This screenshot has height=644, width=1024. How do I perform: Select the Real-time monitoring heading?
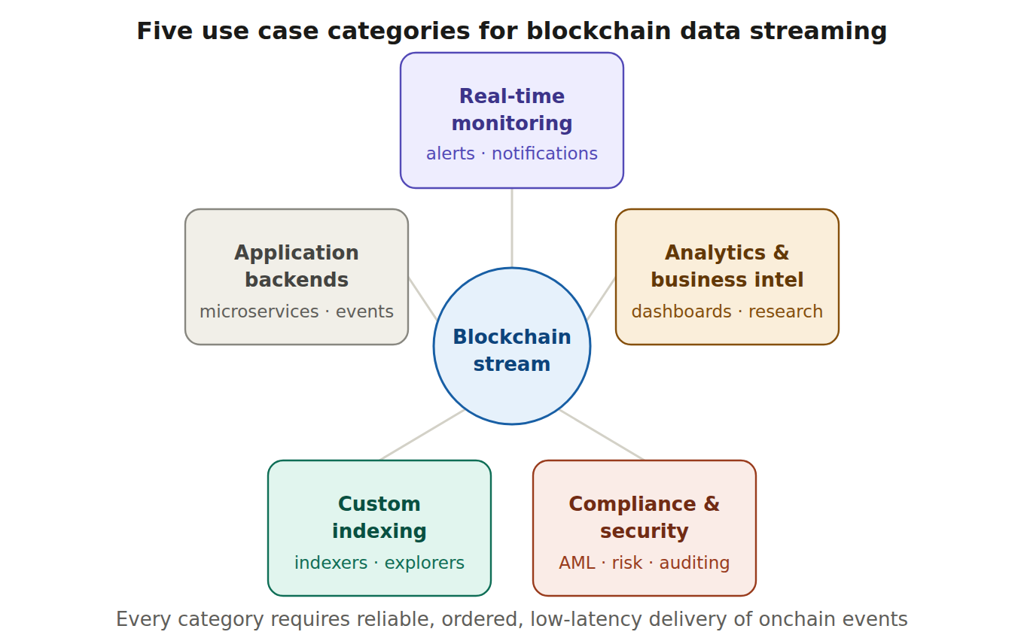click(512, 110)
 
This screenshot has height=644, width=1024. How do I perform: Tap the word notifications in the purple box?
click(544, 154)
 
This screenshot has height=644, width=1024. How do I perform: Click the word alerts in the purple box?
click(450, 154)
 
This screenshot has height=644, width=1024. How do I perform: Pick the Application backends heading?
click(297, 266)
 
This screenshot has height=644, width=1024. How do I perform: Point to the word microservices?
click(259, 312)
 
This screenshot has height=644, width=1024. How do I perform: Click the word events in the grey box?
click(364, 312)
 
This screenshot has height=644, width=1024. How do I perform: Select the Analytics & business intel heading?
click(727, 266)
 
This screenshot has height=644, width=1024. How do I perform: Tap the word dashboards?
click(681, 312)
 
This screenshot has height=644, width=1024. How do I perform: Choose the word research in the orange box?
click(785, 312)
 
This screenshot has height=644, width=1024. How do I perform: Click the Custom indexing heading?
click(379, 518)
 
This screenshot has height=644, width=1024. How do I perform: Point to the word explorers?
click(425, 563)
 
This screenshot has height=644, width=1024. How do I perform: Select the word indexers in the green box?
click(331, 563)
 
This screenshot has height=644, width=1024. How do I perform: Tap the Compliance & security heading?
click(645, 518)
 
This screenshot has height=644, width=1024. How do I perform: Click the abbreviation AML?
click(577, 563)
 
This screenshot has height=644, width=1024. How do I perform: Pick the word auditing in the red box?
click(694, 563)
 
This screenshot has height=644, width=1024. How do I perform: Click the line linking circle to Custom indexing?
click(422, 435)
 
